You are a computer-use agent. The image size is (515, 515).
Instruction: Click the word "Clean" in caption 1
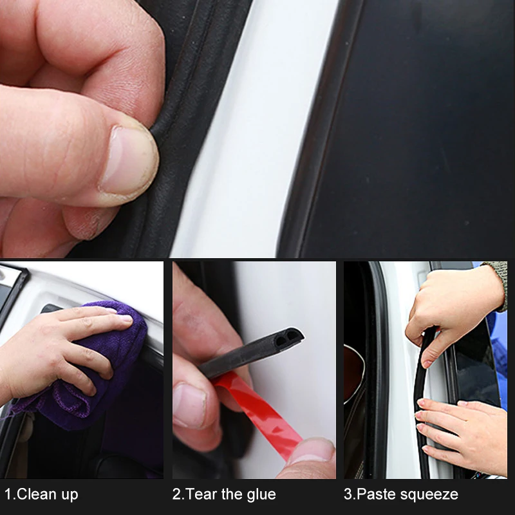click(35, 494)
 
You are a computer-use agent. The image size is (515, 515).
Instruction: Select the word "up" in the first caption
click(70, 496)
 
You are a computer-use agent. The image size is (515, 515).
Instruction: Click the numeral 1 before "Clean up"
click(8, 494)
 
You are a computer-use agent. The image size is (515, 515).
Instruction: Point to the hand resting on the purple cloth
click(59, 351)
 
